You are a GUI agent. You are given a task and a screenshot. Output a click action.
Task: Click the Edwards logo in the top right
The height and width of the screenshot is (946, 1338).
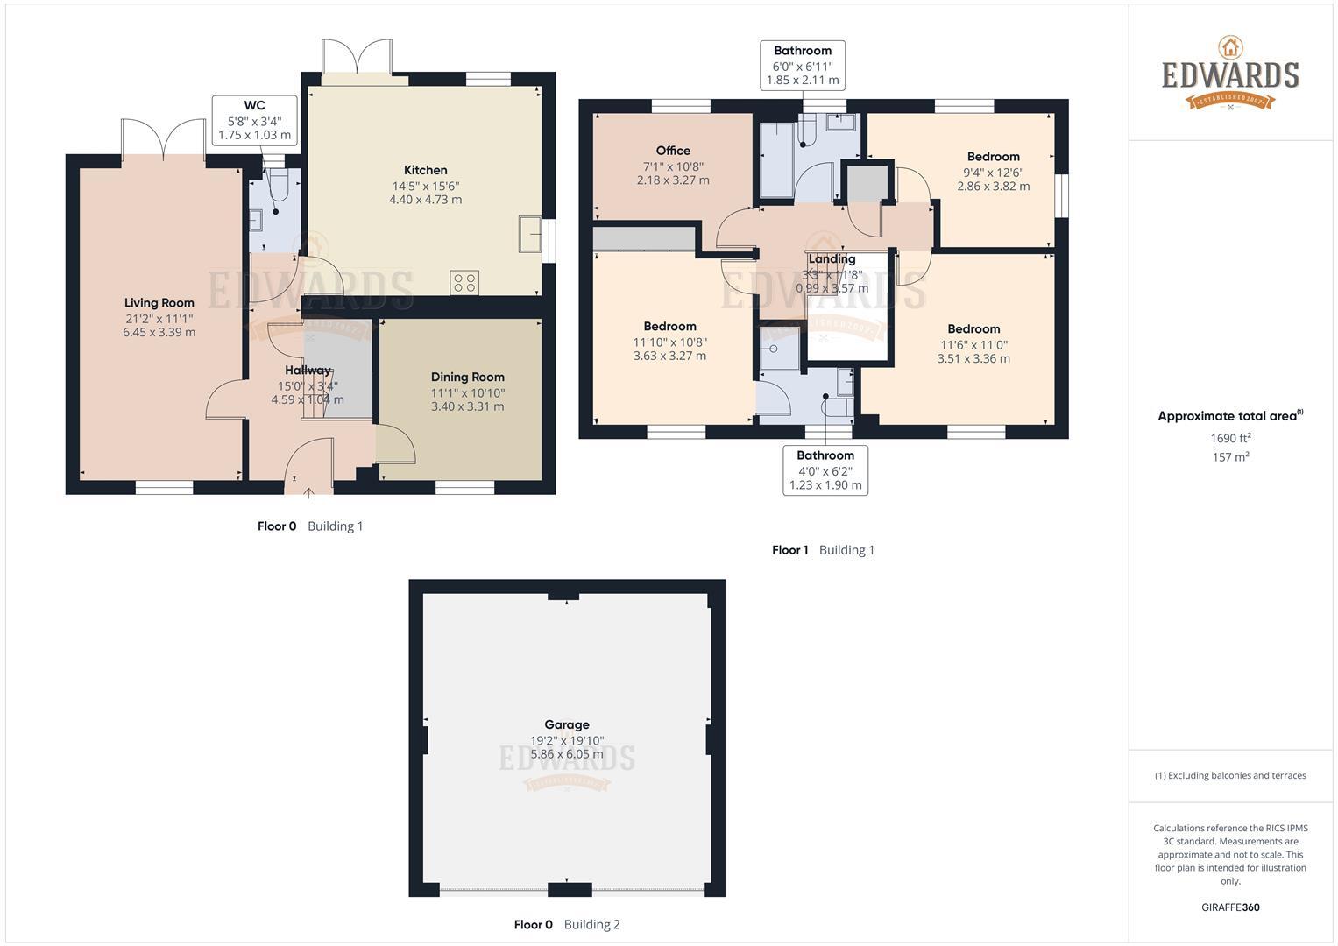pos(1230,74)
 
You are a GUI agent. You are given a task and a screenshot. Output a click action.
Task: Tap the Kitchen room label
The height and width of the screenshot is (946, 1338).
pos(425,170)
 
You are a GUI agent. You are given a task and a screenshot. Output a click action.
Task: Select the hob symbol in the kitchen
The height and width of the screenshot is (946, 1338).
pos(464,282)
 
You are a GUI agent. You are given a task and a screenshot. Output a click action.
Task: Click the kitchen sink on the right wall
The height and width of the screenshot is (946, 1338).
pos(530,233)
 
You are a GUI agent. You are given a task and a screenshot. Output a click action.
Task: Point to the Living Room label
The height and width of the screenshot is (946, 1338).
pos(159,303)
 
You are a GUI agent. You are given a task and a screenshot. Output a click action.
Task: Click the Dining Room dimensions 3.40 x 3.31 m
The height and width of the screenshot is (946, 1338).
pos(467,406)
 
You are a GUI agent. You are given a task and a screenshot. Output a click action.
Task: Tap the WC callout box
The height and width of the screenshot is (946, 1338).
pos(254,120)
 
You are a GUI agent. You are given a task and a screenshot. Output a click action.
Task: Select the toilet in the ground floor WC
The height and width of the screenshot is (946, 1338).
pos(278,187)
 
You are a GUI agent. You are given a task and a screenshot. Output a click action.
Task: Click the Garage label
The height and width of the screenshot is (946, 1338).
pos(566,724)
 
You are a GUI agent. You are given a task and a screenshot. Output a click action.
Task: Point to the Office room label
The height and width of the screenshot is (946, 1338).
pos(673,151)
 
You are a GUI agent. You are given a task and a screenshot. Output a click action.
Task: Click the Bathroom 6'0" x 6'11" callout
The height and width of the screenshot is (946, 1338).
pos(802,65)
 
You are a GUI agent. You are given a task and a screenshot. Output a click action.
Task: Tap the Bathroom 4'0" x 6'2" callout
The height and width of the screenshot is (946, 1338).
pos(825,470)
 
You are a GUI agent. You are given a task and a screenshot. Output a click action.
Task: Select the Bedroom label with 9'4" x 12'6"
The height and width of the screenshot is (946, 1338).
pos(993,157)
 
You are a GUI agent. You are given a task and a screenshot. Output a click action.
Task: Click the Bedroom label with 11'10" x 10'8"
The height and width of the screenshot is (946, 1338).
pos(669,326)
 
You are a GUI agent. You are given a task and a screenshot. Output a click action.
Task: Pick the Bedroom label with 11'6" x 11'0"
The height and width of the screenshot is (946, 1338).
pos(973,329)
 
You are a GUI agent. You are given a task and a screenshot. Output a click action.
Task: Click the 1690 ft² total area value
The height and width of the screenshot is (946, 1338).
pos(1230,438)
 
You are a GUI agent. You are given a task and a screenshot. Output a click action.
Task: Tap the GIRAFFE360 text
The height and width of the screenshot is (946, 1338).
pos(1230,907)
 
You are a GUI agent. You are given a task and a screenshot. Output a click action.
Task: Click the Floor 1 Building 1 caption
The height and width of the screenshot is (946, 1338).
pos(823,550)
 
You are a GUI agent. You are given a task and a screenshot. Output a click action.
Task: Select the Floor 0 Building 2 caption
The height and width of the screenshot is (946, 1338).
pos(566,924)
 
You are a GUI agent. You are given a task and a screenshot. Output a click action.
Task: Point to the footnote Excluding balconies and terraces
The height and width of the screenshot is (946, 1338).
pos(1230,775)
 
